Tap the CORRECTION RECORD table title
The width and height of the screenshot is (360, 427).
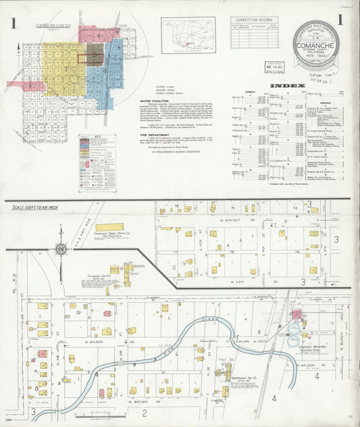pos(253,20)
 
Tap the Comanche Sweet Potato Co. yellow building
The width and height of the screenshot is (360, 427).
pos(109,227)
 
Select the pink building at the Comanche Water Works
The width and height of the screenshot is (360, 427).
pos(297,314)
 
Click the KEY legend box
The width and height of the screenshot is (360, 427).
pos(92,155)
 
